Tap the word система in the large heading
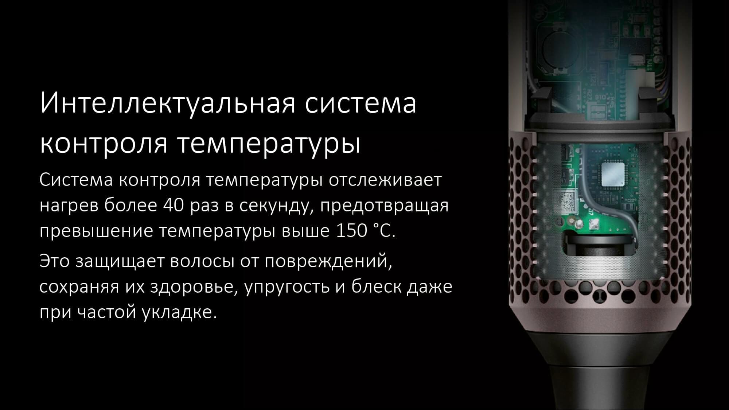point(360,104)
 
